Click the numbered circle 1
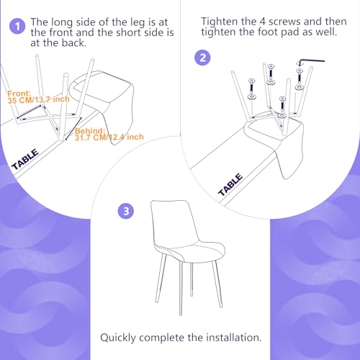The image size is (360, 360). tap(17, 26)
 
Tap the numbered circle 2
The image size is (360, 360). tap(202, 58)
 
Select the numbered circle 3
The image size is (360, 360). tap(126, 211)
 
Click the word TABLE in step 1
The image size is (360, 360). tap(25, 159)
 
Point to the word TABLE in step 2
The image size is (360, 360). tap(230, 184)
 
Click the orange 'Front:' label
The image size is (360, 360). tap(19, 94)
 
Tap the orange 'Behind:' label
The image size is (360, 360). tap(90, 131)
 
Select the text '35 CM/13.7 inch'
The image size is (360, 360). tap(38, 99)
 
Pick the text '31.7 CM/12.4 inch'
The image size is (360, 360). tap(109, 137)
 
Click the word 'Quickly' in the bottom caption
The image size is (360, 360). tap(118, 338)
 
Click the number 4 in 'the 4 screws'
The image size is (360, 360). tap(262, 22)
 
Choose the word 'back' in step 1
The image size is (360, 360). tap(73, 42)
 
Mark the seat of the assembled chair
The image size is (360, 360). tap(189, 251)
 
